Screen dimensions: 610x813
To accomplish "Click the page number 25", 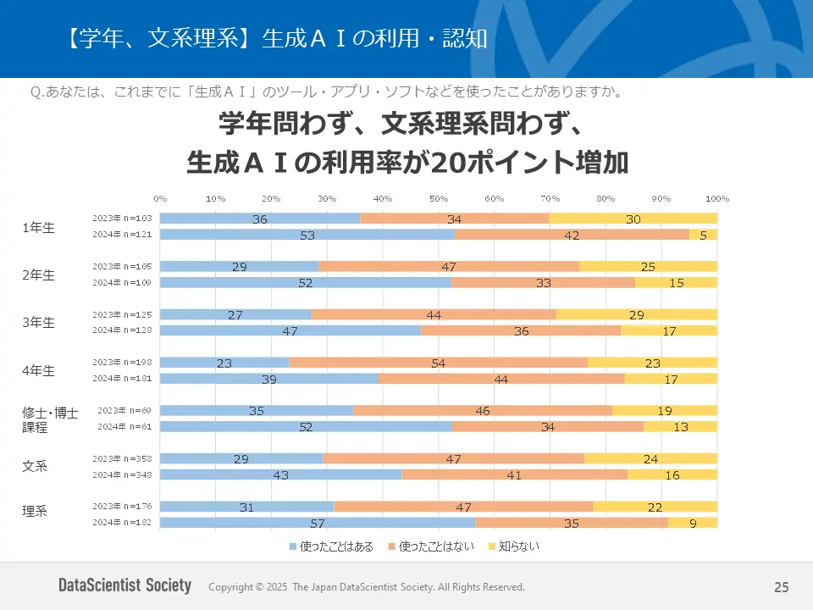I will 781,587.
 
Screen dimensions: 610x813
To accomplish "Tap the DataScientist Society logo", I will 124,586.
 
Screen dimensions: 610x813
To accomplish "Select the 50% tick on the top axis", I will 438,198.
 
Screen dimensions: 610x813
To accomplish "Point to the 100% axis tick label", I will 716,198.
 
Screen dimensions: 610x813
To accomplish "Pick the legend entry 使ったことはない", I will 431,546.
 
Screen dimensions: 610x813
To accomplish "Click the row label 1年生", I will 38,227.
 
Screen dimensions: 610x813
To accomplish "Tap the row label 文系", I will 35,466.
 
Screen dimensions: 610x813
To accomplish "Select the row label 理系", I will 35,511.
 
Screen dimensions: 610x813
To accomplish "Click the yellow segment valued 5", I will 703,235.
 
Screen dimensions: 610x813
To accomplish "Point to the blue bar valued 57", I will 318,523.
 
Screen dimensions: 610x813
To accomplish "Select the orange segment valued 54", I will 439,363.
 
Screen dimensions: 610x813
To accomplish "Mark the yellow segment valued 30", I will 633,219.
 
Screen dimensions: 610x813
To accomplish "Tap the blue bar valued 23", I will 224,363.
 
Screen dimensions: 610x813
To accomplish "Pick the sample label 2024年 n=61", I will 124,427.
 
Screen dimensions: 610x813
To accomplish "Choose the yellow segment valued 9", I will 693,523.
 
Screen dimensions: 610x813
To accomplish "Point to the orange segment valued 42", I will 572,235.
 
